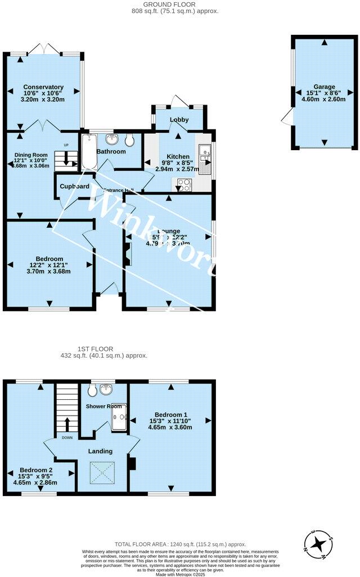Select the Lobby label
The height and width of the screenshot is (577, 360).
pos(179,120)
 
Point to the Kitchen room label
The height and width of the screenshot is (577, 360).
pos(177,156)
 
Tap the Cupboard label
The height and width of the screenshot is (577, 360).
pos(75,186)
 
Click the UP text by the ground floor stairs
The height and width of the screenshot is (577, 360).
pos(66,146)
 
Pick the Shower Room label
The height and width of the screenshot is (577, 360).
pos(103,406)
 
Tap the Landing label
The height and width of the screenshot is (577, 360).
pos(101,451)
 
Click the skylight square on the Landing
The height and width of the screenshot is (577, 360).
pos(102,471)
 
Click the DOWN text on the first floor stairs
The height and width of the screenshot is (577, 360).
pos(67,438)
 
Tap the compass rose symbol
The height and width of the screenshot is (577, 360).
pos(319,543)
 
